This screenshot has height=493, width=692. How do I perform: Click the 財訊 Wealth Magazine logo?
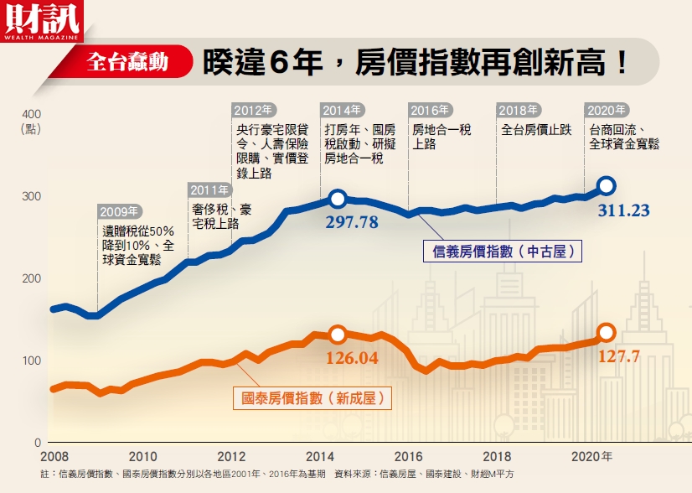42,21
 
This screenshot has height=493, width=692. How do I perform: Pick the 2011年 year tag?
209,189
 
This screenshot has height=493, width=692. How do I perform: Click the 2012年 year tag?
253,110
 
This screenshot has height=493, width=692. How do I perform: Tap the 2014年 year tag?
342,110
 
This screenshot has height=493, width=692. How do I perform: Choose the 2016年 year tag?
430,110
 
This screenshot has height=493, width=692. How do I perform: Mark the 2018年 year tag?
519,110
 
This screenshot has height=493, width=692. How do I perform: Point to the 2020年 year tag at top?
607,110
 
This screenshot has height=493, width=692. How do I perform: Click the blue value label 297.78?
351,222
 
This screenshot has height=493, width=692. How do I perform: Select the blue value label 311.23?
623,210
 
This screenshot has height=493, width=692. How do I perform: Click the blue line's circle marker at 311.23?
607,185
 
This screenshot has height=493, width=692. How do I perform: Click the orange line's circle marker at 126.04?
338,334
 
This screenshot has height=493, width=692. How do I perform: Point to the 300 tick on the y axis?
31,196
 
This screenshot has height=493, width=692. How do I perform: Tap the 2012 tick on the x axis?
230,457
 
